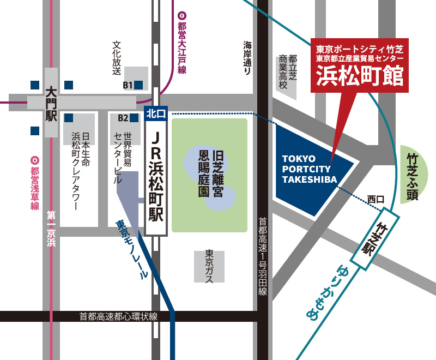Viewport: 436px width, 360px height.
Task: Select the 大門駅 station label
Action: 52,103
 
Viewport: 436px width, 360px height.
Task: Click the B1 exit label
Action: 128,85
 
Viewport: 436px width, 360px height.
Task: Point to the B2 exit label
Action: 123,117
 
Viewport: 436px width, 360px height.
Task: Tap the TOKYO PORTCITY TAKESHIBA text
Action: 310,169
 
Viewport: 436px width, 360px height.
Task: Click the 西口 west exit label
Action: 376,199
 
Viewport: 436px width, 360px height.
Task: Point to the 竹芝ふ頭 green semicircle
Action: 416,175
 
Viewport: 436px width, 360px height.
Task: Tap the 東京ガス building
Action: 209,266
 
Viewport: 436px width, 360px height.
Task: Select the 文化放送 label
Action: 116,57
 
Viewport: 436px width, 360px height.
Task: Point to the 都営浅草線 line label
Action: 35,185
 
